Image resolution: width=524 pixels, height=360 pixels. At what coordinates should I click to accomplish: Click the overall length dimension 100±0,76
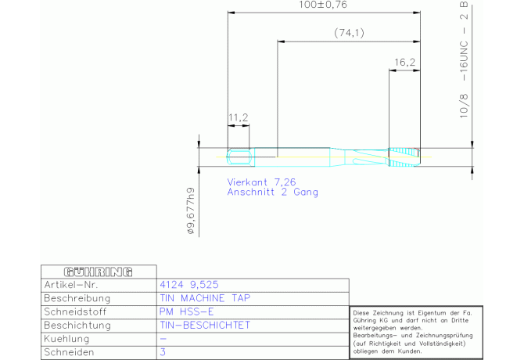(x=323, y=5)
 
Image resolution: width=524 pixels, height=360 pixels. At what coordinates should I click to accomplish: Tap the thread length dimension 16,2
(x=404, y=63)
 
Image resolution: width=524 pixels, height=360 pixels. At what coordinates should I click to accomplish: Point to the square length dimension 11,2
(x=239, y=117)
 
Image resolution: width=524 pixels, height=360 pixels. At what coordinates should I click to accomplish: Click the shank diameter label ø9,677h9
(x=191, y=211)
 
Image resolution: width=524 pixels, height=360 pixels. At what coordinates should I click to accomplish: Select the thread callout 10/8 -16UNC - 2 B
(x=464, y=59)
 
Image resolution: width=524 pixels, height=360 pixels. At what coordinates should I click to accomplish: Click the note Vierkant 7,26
(x=261, y=182)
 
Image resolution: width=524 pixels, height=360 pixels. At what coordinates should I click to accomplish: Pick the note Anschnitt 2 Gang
(x=273, y=193)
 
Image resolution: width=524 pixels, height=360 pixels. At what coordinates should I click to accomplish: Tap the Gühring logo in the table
(x=99, y=272)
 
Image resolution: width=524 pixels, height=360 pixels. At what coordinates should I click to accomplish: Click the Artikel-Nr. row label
(x=71, y=285)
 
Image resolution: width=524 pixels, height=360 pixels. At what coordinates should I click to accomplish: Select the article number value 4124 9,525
(x=189, y=285)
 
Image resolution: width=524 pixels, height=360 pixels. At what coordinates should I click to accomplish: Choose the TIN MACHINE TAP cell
(x=205, y=298)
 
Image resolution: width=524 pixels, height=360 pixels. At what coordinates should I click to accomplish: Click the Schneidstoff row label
(x=75, y=311)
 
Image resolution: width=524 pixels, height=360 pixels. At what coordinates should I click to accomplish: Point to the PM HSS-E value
(x=186, y=311)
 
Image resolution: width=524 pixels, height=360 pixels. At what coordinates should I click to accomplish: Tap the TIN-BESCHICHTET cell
(x=205, y=326)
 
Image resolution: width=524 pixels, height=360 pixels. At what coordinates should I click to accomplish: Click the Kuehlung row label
(x=66, y=339)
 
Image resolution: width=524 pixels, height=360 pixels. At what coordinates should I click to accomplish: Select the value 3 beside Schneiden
(x=163, y=352)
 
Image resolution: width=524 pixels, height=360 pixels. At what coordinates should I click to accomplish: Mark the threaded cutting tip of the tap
(x=404, y=157)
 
